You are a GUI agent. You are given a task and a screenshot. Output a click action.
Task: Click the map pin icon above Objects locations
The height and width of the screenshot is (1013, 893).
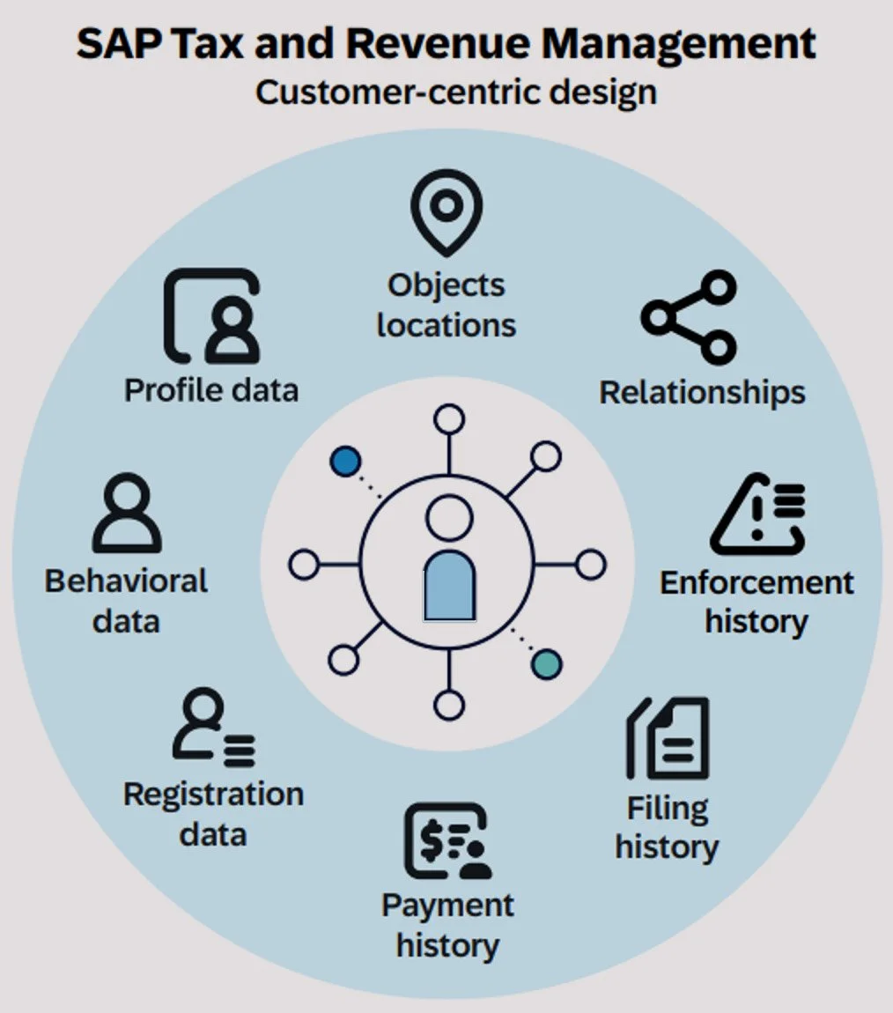[x=446, y=211]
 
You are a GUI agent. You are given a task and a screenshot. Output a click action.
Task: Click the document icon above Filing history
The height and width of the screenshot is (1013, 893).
[x=668, y=739]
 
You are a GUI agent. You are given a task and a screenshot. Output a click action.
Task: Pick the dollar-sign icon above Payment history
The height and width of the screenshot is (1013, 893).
[x=446, y=841]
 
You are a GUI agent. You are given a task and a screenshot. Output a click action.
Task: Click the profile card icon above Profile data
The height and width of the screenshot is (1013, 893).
[x=212, y=317]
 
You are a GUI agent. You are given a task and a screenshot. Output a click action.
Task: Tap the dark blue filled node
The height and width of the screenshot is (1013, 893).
[x=345, y=462]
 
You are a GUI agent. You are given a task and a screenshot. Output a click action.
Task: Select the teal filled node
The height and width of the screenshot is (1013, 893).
[x=547, y=663]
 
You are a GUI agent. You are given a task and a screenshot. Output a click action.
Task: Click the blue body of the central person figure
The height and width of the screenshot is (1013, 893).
[x=449, y=586]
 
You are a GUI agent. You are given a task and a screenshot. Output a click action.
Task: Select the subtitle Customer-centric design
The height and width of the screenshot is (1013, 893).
[x=456, y=92]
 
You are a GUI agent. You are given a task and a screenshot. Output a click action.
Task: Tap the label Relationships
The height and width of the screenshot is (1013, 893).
[x=702, y=392]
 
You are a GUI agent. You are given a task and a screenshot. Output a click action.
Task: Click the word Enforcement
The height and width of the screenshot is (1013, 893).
[x=756, y=582]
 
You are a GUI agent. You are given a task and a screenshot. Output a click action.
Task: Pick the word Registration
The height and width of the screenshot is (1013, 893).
[x=213, y=795]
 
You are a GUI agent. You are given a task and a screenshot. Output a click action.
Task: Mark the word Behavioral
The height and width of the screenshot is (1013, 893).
[x=127, y=581]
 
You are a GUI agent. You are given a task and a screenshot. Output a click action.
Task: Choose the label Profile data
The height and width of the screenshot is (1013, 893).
[x=211, y=389]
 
